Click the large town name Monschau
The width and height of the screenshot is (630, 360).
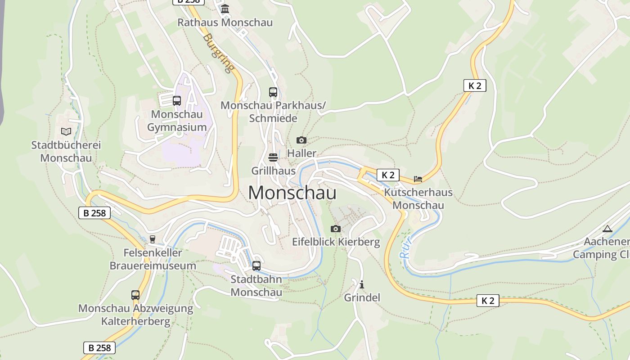[x=292, y=193]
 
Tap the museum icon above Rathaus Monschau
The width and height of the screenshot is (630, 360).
[x=225, y=9]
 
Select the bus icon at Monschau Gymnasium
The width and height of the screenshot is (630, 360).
[x=177, y=101]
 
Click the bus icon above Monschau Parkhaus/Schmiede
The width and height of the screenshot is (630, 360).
[x=273, y=92]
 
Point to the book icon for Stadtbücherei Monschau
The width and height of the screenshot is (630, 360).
[x=66, y=131]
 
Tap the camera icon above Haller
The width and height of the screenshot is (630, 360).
[x=301, y=140]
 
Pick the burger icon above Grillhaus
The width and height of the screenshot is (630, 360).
[x=273, y=157]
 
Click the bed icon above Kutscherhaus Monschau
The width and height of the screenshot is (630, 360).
[x=418, y=179]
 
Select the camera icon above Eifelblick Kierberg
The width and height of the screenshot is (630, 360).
[x=336, y=229]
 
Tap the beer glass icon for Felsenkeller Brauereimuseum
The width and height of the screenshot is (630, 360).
[x=153, y=239]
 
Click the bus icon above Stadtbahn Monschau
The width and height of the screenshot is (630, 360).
[x=256, y=266]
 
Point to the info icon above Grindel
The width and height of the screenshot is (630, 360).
[x=362, y=284]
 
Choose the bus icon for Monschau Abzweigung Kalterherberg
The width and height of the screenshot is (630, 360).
[x=135, y=295]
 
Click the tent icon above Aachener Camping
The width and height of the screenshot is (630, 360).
[x=607, y=229]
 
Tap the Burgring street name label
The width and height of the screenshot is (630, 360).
[x=219, y=53]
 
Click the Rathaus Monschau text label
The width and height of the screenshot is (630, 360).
[x=225, y=22]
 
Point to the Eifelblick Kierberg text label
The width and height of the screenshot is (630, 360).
[x=336, y=242]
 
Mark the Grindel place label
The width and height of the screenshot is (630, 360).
[x=362, y=297]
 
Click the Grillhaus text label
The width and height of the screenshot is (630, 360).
[x=273, y=171]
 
